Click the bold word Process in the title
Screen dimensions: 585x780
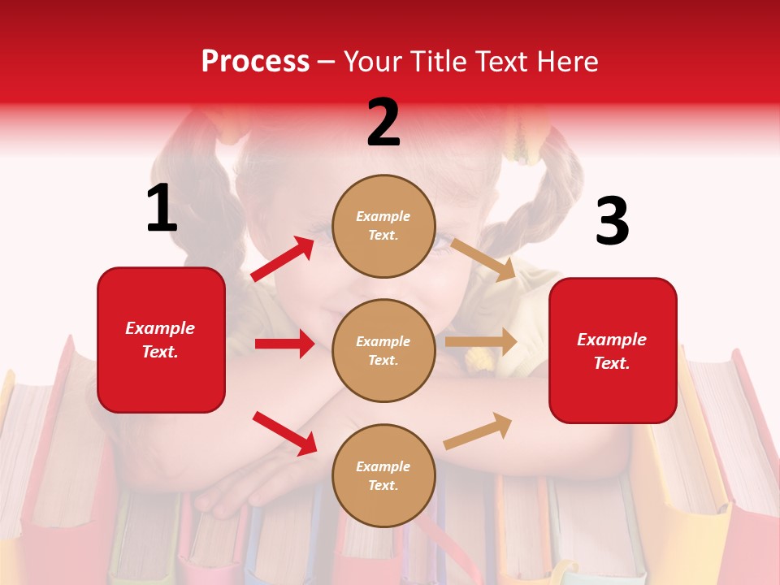[255, 62]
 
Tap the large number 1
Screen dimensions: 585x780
[162, 209]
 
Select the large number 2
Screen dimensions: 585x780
[383, 123]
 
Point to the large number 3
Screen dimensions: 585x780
[612, 222]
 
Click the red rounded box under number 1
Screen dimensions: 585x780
[161, 340]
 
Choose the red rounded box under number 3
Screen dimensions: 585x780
[613, 350]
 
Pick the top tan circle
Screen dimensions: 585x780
[383, 226]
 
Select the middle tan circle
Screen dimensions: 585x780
[383, 350]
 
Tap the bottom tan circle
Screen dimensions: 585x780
[383, 475]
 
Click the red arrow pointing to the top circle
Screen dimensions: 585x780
[283, 259]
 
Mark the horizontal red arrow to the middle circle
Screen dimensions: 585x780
[284, 344]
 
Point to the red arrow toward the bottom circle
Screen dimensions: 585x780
[284, 432]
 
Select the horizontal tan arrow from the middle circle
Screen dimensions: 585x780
[481, 342]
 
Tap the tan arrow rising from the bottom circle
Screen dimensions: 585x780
[479, 431]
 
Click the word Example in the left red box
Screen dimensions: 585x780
[160, 328]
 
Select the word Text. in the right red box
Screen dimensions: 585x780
[612, 363]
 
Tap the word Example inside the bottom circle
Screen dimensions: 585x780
[383, 466]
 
